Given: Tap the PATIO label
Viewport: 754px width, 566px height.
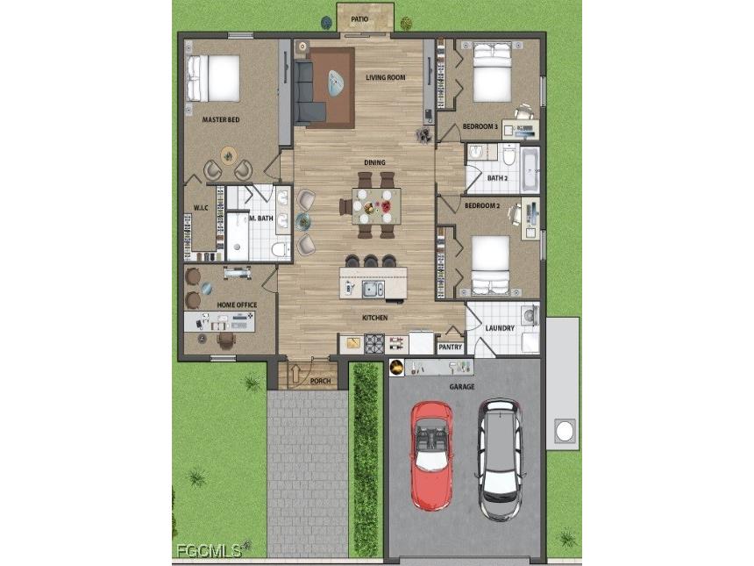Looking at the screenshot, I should tap(359, 18).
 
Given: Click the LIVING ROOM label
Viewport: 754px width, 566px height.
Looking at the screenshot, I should tap(386, 77).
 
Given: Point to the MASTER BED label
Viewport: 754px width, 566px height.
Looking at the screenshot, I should tap(221, 119).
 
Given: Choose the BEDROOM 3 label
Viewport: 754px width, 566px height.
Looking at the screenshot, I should tap(480, 127).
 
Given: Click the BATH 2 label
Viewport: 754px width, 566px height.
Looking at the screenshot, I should tap(498, 178).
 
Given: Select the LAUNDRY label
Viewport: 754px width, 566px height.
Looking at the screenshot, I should tap(500, 328).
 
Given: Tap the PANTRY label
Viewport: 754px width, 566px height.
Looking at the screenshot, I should tap(450, 347).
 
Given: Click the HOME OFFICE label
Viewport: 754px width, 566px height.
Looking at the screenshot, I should tap(237, 304).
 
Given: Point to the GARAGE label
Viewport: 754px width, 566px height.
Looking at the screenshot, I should tap(462, 386).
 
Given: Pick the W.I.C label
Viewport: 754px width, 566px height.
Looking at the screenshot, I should tap(200, 208).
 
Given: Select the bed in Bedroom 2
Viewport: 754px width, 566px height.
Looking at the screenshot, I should tap(490, 264).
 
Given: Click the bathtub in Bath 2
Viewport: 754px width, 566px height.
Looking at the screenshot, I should tap(529, 168).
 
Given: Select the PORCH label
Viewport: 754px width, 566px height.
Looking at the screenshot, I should tap(320, 381).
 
